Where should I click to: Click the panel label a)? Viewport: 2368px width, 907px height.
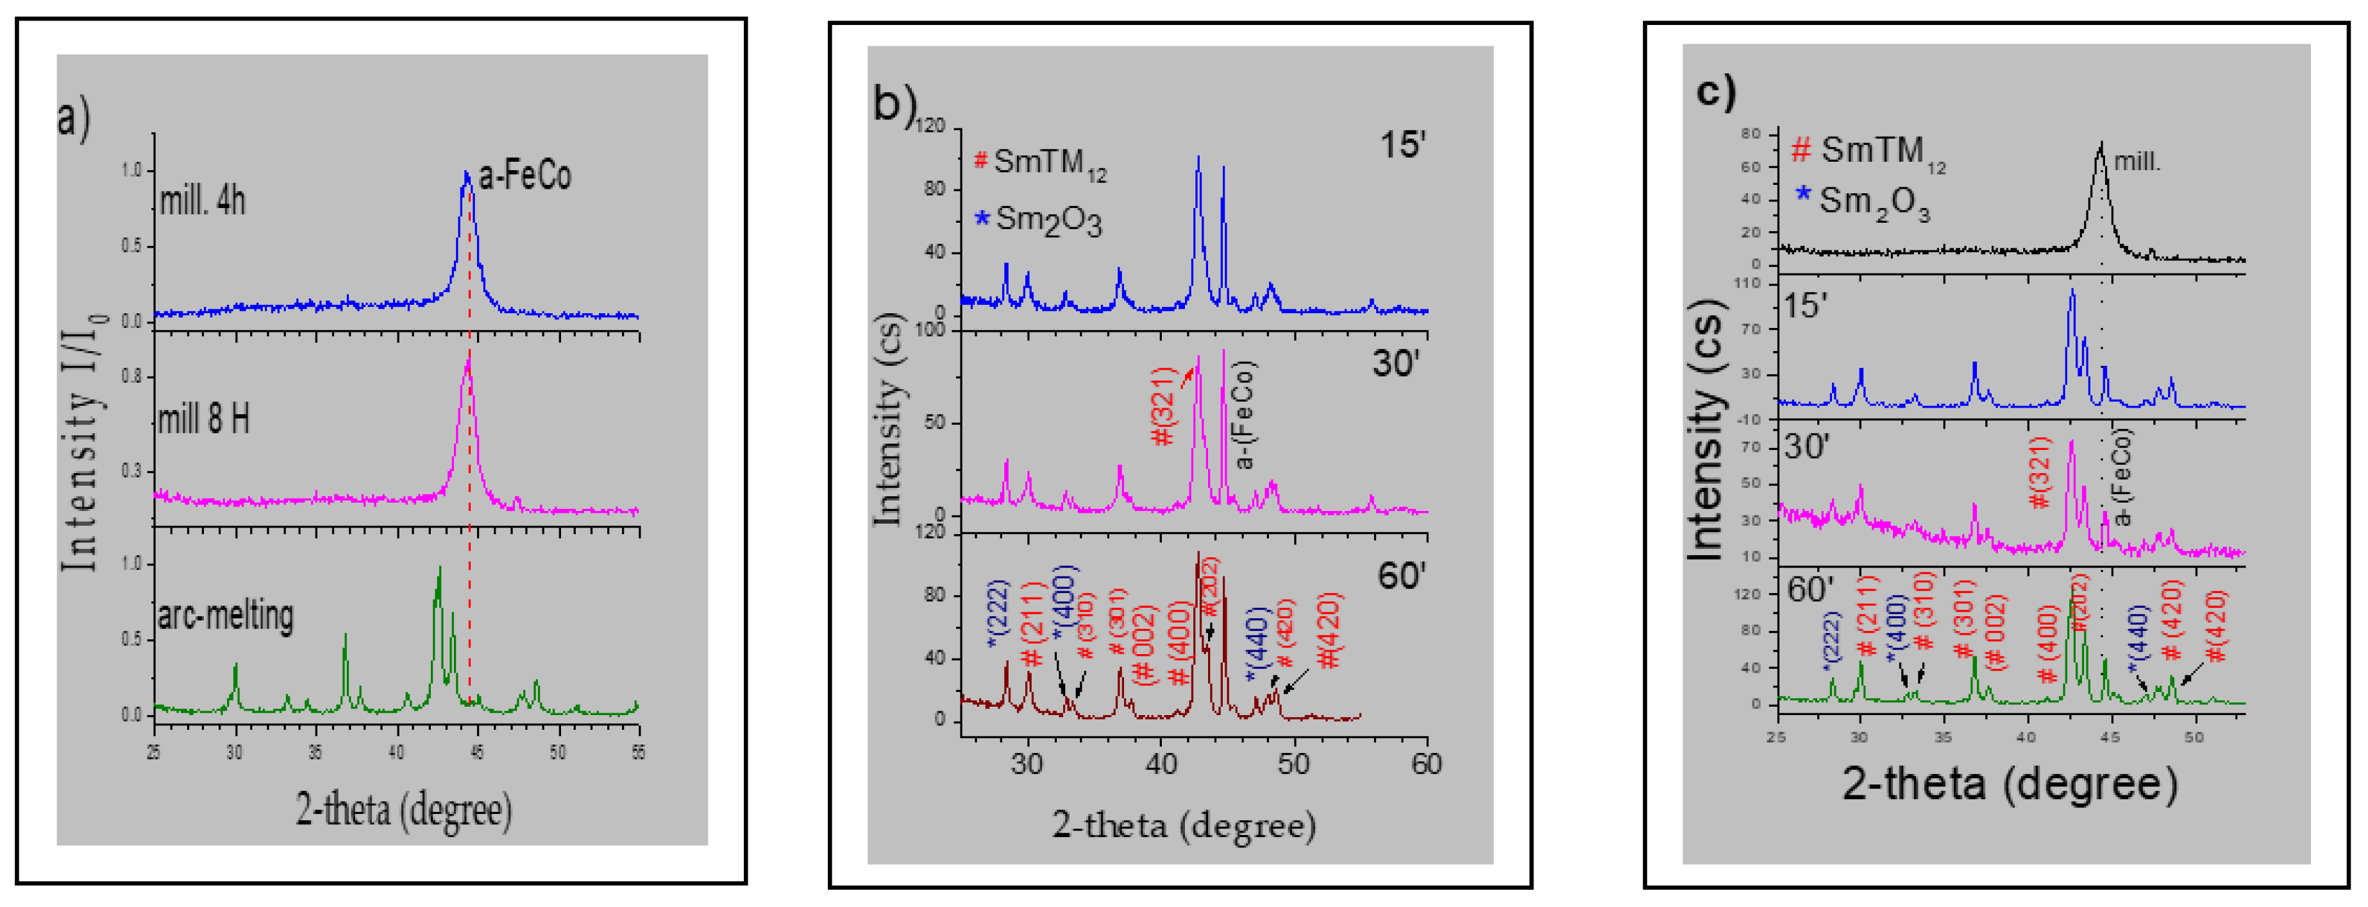coord(74,119)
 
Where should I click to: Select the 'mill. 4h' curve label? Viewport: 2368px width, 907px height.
coord(203,200)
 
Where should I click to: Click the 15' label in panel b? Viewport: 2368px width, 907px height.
coord(1402,145)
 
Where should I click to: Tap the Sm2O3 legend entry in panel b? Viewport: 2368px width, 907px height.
coord(1039,221)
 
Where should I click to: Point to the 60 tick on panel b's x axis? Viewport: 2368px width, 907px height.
coord(1427,763)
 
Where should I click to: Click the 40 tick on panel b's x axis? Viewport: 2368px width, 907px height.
coord(1161,763)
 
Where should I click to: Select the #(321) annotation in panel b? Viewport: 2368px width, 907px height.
coord(1164,406)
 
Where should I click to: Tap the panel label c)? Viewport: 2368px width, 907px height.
coord(1715,92)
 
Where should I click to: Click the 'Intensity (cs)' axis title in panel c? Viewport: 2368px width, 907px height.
coord(1706,431)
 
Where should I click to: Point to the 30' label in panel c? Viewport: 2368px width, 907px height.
coord(1806,447)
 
